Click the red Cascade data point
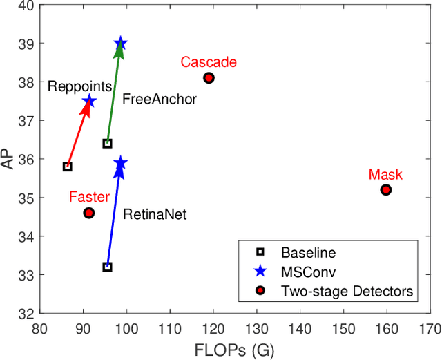pos(209,78)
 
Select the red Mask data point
pos(386,189)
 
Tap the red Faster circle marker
pos(88,213)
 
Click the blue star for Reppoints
pos(89,102)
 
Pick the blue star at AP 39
pos(121,44)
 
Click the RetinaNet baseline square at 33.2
pos(107,267)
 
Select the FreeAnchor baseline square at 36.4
pos(107,143)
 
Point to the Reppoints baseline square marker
pos(67,167)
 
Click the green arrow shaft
pos(114,95)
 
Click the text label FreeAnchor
pos(160,100)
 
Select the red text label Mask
pos(385,175)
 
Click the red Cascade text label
pos(209,62)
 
